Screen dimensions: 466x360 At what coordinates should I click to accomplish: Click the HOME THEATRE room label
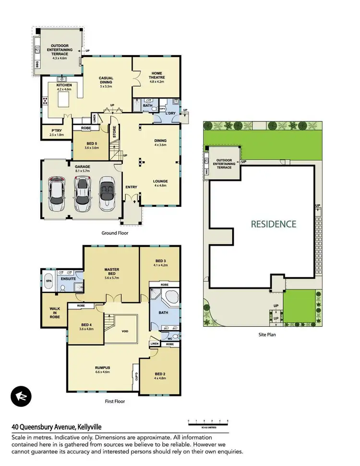pyautogui.click(x=156, y=77)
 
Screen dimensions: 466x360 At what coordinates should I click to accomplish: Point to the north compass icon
pyautogui.click(x=21, y=396)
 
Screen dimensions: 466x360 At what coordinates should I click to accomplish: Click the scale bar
pyautogui.click(x=208, y=423)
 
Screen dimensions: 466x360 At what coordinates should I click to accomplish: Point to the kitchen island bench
pyautogui.click(x=64, y=101)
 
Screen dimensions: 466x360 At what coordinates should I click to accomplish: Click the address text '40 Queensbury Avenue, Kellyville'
pyautogui.click(x=57, y=427)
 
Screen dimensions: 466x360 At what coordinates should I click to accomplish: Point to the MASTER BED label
pyautogui.click(x=111, y=273)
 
